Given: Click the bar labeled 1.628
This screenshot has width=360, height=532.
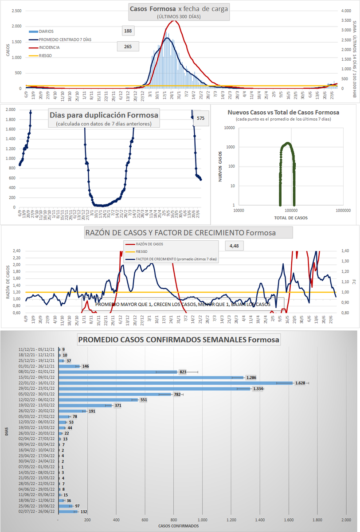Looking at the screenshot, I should tap(177, 382).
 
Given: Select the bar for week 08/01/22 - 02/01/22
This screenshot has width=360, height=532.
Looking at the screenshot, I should tap(120, 372).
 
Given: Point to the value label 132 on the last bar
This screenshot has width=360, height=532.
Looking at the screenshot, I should tap(83, 512).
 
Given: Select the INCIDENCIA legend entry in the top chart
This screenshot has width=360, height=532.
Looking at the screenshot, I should tap(49, 47).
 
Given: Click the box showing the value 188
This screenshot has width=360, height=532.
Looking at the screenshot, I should tap(128, 31).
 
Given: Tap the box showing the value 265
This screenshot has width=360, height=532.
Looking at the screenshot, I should tap(128, 46).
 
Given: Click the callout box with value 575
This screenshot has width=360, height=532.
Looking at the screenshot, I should tap(201, 118).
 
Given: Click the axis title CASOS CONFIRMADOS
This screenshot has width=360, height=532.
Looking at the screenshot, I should tap(179, 526).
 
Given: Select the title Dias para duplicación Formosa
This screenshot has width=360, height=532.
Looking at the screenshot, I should tap(104, 115).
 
